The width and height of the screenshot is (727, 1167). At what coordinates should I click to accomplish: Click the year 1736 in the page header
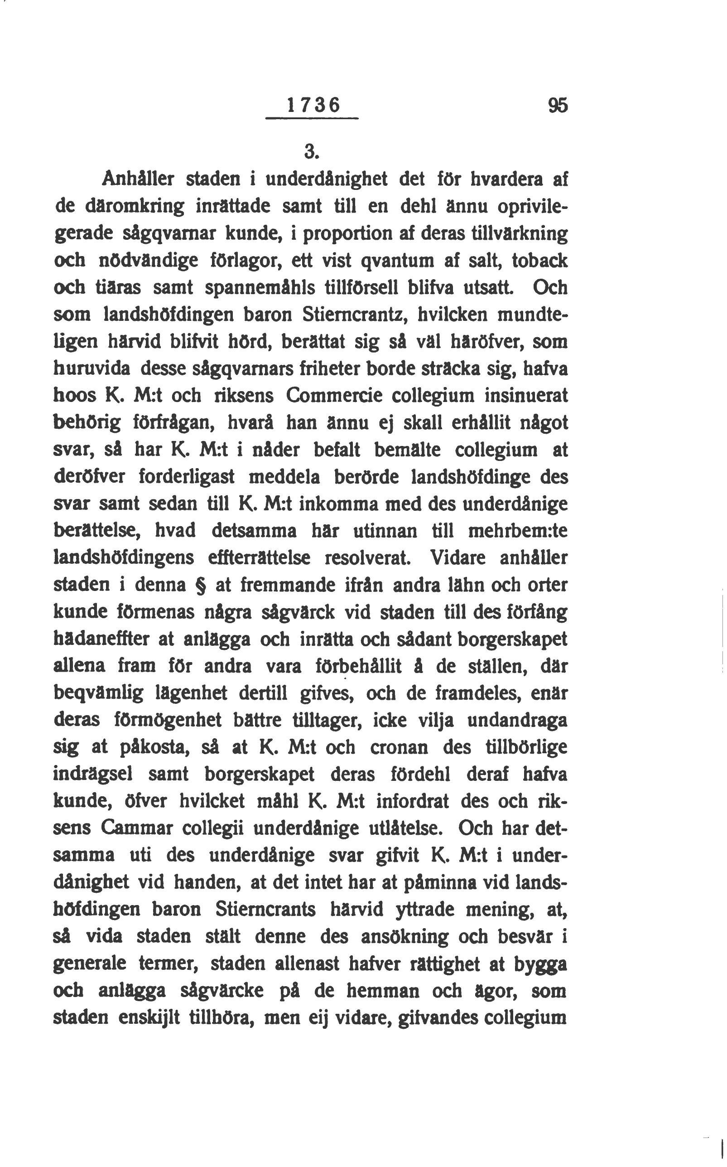click(313, 105)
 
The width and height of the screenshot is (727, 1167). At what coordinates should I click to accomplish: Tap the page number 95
click(557, 105)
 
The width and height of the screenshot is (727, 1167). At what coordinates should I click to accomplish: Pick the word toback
click(539, 261)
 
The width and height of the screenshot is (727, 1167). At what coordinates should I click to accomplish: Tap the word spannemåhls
click(260, 288)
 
